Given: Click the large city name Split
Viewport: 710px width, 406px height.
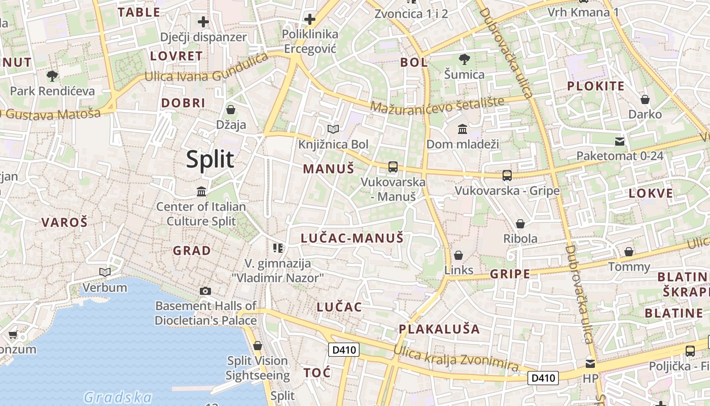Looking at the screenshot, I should [210, 159].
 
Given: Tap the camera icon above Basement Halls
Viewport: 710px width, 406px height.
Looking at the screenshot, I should [205, 291].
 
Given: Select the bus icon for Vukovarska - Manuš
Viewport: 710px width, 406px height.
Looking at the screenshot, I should [393, 166].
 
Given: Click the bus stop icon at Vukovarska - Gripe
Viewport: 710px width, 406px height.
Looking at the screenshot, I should [507, 176].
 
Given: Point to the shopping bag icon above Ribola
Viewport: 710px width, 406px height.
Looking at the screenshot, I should [520, 223].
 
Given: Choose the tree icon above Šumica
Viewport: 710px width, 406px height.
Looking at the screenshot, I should [464, 59].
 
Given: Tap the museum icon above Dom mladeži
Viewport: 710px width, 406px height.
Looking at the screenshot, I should [463, 129].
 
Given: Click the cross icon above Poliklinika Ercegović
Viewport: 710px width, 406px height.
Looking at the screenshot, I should [310, 19].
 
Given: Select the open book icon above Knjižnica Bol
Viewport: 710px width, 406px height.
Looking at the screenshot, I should [333, 129].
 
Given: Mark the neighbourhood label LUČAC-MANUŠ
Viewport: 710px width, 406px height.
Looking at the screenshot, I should [352, 238].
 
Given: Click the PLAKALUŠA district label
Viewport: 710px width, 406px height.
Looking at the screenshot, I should [439, 329].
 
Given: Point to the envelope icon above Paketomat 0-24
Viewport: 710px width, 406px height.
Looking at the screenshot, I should [620, 141].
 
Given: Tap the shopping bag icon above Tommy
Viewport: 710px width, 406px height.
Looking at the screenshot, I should [629, 252].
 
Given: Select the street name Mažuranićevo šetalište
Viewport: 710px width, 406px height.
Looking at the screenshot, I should [438, 104].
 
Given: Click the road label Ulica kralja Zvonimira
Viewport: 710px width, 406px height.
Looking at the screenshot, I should [456, 358].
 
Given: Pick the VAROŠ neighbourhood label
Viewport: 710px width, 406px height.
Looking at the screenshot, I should [64, 222].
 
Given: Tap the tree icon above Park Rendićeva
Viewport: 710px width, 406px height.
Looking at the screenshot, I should [52, 76].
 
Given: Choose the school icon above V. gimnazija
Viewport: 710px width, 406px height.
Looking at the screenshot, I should [277, 248].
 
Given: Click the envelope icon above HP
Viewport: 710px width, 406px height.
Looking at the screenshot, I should [590, 363].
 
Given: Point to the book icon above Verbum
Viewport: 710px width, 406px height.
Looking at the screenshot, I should [105, 272].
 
